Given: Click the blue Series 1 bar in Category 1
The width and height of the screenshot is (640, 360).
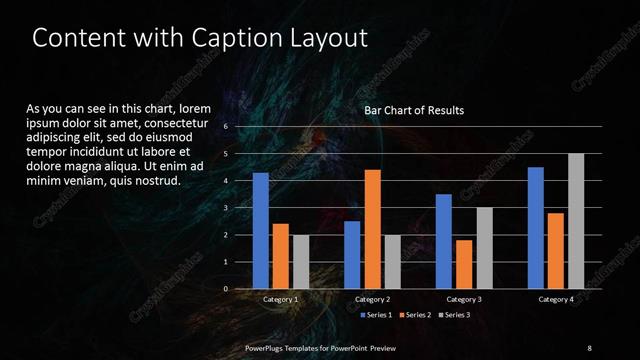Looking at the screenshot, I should click(x=260, y=231).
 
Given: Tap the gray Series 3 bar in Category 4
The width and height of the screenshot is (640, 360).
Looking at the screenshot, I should click(x=576, y=221).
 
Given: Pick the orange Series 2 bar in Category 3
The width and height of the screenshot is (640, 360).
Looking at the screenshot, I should click(x=464, y=264).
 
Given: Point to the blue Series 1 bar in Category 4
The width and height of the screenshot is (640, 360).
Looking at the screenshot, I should click(x=536, y=228).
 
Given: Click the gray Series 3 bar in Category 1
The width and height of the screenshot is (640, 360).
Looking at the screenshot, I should click(x=300, y=262).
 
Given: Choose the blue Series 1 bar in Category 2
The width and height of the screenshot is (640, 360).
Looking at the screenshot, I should click(x=352, y=255).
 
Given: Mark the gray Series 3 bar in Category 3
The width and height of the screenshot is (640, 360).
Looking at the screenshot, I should click(x=484, y=248).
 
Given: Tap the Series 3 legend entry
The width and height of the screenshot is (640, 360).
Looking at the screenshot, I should click(x=454, y=315).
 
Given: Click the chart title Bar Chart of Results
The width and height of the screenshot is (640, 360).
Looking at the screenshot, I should click(x=413, y=110).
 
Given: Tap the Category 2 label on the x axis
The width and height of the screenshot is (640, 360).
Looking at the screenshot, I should click(x=372, y=299).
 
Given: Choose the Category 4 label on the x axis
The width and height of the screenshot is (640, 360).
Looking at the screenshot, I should click(x=556, y=299).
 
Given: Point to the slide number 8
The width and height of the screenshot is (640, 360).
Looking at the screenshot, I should click(x=589, y=347).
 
